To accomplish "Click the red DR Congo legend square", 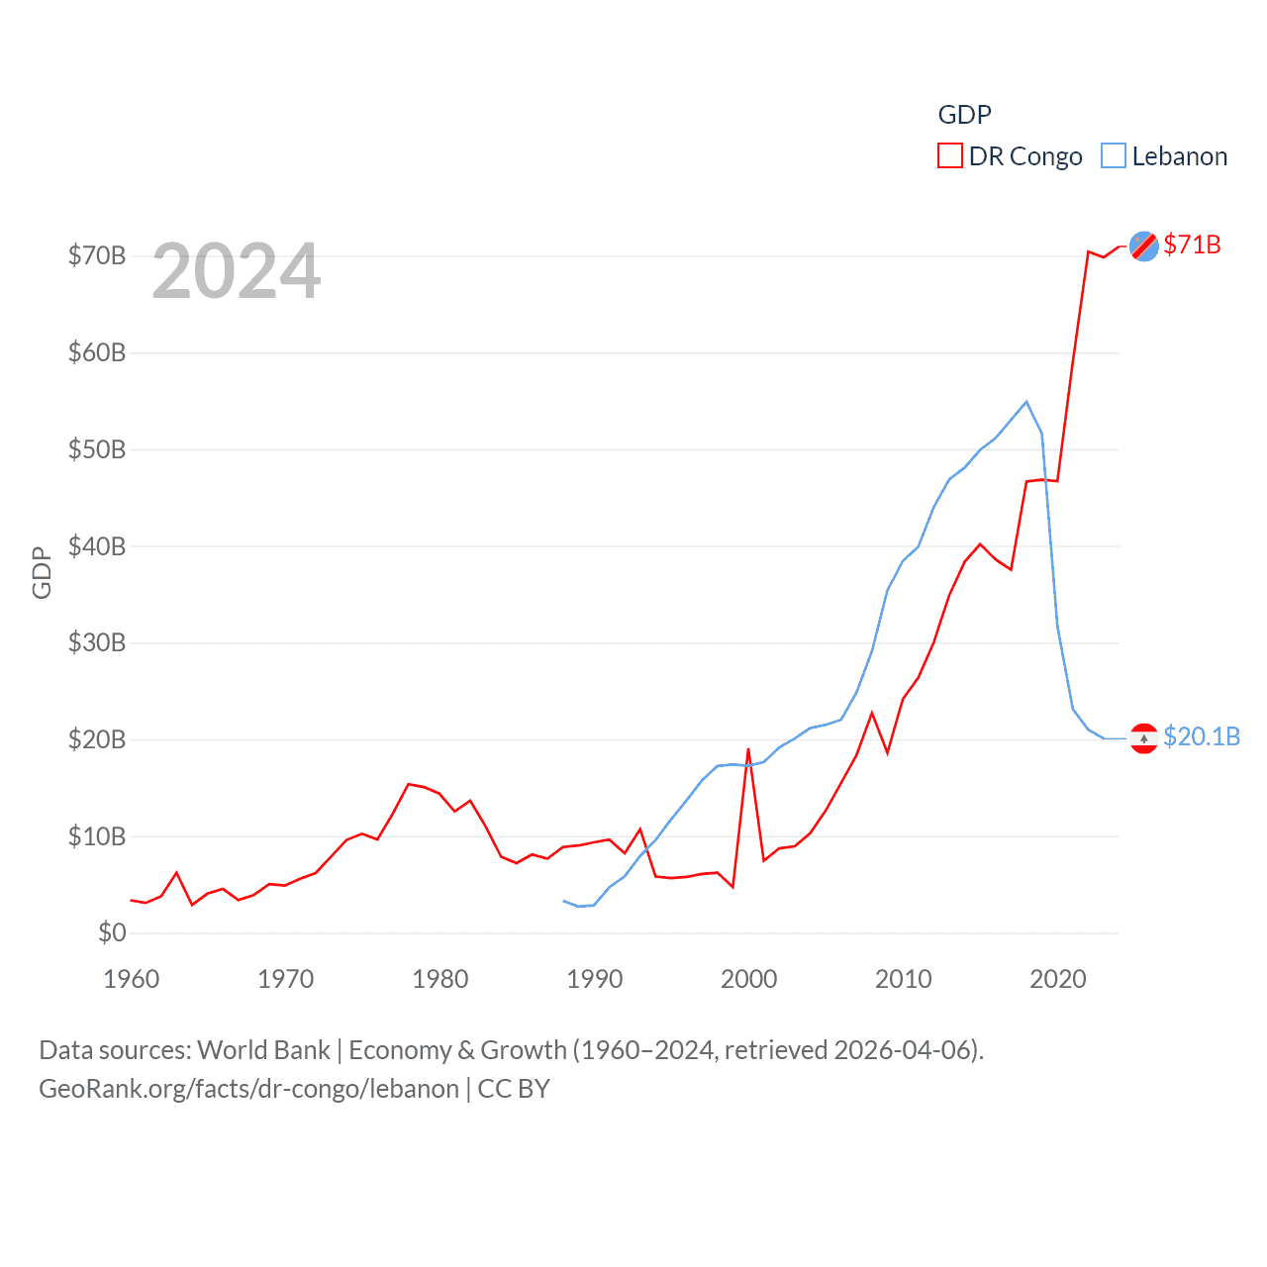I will (949, 156).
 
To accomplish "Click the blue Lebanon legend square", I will (1114, 156).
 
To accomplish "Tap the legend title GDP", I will (964, 115).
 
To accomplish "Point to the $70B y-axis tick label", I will (97, 255).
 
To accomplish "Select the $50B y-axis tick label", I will (97, 449).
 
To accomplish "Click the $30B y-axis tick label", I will (97, 642).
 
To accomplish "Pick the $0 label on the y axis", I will (112, 932).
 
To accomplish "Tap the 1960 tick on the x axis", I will (132, 979).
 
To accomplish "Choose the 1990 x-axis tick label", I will (594, 979).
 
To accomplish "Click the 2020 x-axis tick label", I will (1057, 979).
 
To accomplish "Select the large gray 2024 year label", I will (237, 270).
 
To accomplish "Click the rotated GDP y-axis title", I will (42, 572).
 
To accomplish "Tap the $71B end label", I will (1192, 244).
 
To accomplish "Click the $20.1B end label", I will (1202, 736).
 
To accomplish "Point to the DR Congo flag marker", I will (1143, 245).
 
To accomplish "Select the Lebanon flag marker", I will (1143, 738).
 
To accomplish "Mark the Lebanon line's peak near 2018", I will (1026, 402).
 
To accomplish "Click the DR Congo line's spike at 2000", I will (748, 749).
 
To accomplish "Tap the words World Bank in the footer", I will (263, 1049).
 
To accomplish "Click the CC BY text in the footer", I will (514, 1089).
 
